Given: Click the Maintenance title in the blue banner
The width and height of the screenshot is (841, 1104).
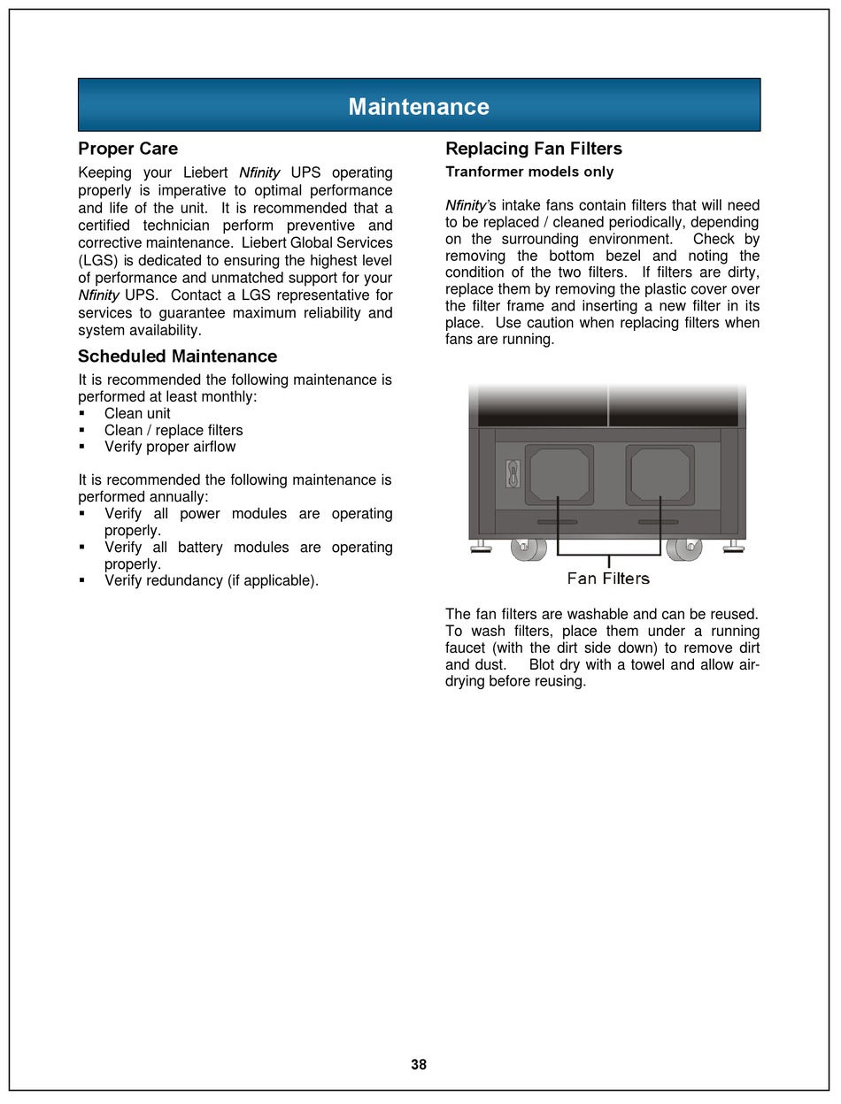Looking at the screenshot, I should coord(419,107).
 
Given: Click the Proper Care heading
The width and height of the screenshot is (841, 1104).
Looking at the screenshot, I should coord(127,149).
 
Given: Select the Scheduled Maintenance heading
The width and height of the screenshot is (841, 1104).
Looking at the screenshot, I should coord(177,356).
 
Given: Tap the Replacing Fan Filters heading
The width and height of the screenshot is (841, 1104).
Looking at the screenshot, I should coord(534,149).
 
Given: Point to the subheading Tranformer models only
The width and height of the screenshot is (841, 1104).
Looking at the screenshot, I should coord(529,172).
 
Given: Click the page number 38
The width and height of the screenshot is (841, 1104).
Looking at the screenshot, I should coord(419,1065).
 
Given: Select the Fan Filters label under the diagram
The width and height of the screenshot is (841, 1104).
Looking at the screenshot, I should coord(608,579).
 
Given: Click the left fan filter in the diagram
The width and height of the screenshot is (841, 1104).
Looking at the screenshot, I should coord(559,474).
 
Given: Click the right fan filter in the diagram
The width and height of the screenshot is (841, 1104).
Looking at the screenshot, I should coord(660,474).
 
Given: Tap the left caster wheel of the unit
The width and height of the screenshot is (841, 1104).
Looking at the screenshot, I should coord(529,548).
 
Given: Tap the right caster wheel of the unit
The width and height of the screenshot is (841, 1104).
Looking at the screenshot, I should coord(683,548).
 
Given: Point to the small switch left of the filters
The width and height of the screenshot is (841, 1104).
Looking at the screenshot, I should coord(512,474).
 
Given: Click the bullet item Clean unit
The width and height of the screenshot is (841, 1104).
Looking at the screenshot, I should coord(137,413).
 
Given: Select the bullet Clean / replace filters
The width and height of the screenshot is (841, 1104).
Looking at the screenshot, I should coord(174,430).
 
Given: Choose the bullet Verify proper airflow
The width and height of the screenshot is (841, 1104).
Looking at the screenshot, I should coord(170,447).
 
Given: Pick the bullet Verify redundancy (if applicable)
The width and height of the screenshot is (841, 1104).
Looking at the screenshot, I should coord(212,580).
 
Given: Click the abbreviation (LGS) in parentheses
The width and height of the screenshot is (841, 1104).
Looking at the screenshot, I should coord(96,261).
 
